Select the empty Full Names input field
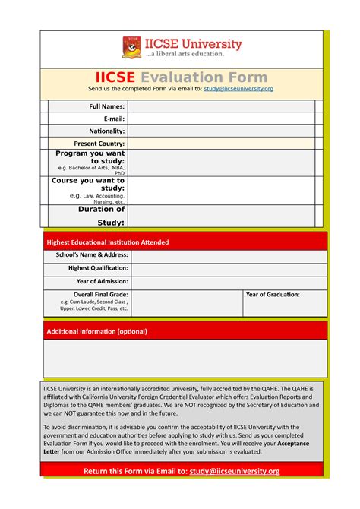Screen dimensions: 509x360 click(x=219, y=106)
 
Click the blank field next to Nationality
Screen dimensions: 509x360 click(x=219, y=131)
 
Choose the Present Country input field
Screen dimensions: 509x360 click(x=219, y=143)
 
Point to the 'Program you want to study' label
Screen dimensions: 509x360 click(x=90, y=157)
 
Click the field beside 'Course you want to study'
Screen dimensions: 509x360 click(x=219, y=191)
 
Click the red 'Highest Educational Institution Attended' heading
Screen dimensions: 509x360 click(x=108, y=242)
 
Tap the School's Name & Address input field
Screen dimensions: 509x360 click(x=228, y=256)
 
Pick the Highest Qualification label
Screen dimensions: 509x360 click(x=98, y=268)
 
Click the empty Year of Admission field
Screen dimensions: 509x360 click(x=228, y=281)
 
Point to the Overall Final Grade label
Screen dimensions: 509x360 click(x=100, y=294)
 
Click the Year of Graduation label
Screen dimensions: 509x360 click(x=272, y=294)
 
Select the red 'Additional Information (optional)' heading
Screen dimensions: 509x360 click(x=96, y=331)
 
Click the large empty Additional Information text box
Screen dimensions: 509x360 click(x=185, y=359)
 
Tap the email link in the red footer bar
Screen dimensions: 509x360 click(x=234, y=471)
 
